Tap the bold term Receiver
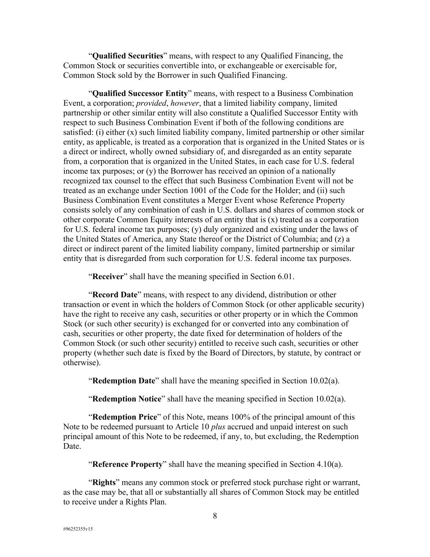click(108, 277)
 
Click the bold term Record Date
click(115, 295)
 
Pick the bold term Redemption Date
click(124, 381)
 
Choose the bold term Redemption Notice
click(127, 399)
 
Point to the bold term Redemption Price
click(125, 417)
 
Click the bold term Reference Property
click(127, 464)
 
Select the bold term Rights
click(104, 482)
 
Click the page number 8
click(215, 516)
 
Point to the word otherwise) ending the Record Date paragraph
click(82, 363)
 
